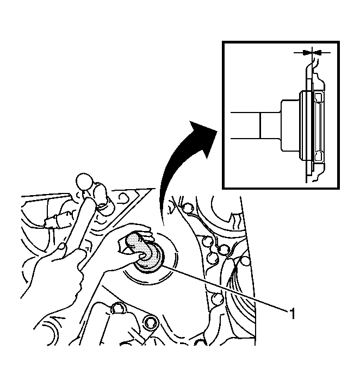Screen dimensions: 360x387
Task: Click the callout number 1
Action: pyautogui.click(x=292, y=314)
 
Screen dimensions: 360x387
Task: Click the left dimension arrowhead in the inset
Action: pyautogui.click(x=306, y=52)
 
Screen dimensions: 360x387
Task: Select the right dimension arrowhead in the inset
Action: pyautogui.click(x=317, y=52)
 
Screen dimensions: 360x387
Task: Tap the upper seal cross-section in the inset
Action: pyautogui.click(x=319, y=97)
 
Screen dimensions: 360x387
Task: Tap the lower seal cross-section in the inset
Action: pyautogui.click(x=319, y=155)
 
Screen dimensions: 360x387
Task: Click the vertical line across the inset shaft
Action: pyautogui.click(x=260, y=126)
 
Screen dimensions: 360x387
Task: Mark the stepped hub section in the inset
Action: pyautogui.click(x=290, y=126)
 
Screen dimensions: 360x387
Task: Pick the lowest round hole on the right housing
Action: pyautogui.click(x=218, y=299)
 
